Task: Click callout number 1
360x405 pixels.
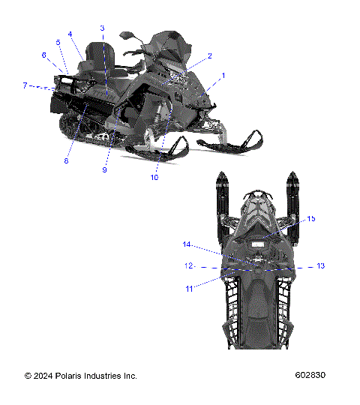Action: (222, 76)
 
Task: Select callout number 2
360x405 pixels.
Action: (210, 55)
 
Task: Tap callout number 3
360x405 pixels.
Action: (102, 28)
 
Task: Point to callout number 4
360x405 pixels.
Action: (70, 34)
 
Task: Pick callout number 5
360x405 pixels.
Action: (58, 43)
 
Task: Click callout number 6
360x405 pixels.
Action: (44, 55)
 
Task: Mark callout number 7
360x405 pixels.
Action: (25, 85)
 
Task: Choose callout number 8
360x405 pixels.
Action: (66, 160)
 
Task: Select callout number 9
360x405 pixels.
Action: (105, 170)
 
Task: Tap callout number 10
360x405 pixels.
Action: (154, 178)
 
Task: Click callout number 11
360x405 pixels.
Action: (189, 288)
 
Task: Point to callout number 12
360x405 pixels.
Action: (189, 265)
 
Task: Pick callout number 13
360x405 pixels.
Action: (320, 265)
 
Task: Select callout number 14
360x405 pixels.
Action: (187, 244)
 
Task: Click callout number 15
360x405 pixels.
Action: (311, 218)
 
